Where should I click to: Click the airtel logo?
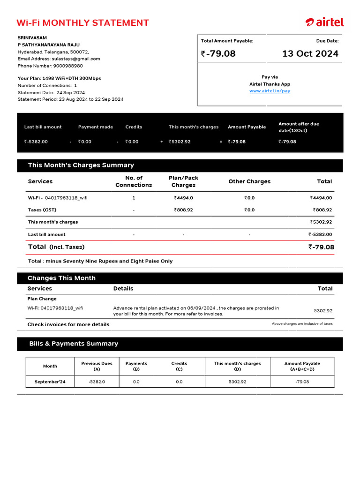coord(324,22)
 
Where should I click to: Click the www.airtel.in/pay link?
coord(270,91)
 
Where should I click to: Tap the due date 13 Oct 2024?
coord(310,53)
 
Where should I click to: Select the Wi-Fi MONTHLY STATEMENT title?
coord(82,23)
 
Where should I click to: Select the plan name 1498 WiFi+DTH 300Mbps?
coord(71,78)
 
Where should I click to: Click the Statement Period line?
coord(70,99)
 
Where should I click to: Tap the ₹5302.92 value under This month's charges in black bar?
coord(180,142)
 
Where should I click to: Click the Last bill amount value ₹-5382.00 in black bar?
coord(37,142)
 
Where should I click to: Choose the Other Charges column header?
coord(249,181)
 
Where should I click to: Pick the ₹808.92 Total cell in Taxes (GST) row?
coord(322,210)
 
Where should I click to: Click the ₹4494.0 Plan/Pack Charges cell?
coord(183,198)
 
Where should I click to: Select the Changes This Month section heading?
coord(61,278)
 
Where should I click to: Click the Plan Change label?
coord(42,299)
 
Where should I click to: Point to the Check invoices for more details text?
coord(68,324)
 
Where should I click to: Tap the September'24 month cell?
coord(50,382)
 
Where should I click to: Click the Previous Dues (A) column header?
coord(97,366)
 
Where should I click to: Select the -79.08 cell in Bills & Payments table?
coord(302,382)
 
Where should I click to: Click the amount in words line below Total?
coord(100,261)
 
